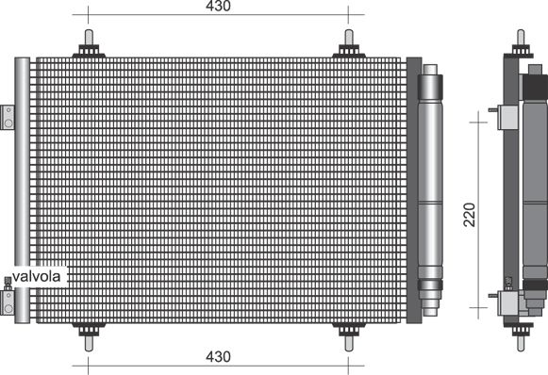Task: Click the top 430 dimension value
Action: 218,6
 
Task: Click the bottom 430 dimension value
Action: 218,356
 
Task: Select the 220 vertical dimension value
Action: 470,215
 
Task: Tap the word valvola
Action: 37,276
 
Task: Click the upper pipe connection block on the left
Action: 8,118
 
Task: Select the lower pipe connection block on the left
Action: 8,302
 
